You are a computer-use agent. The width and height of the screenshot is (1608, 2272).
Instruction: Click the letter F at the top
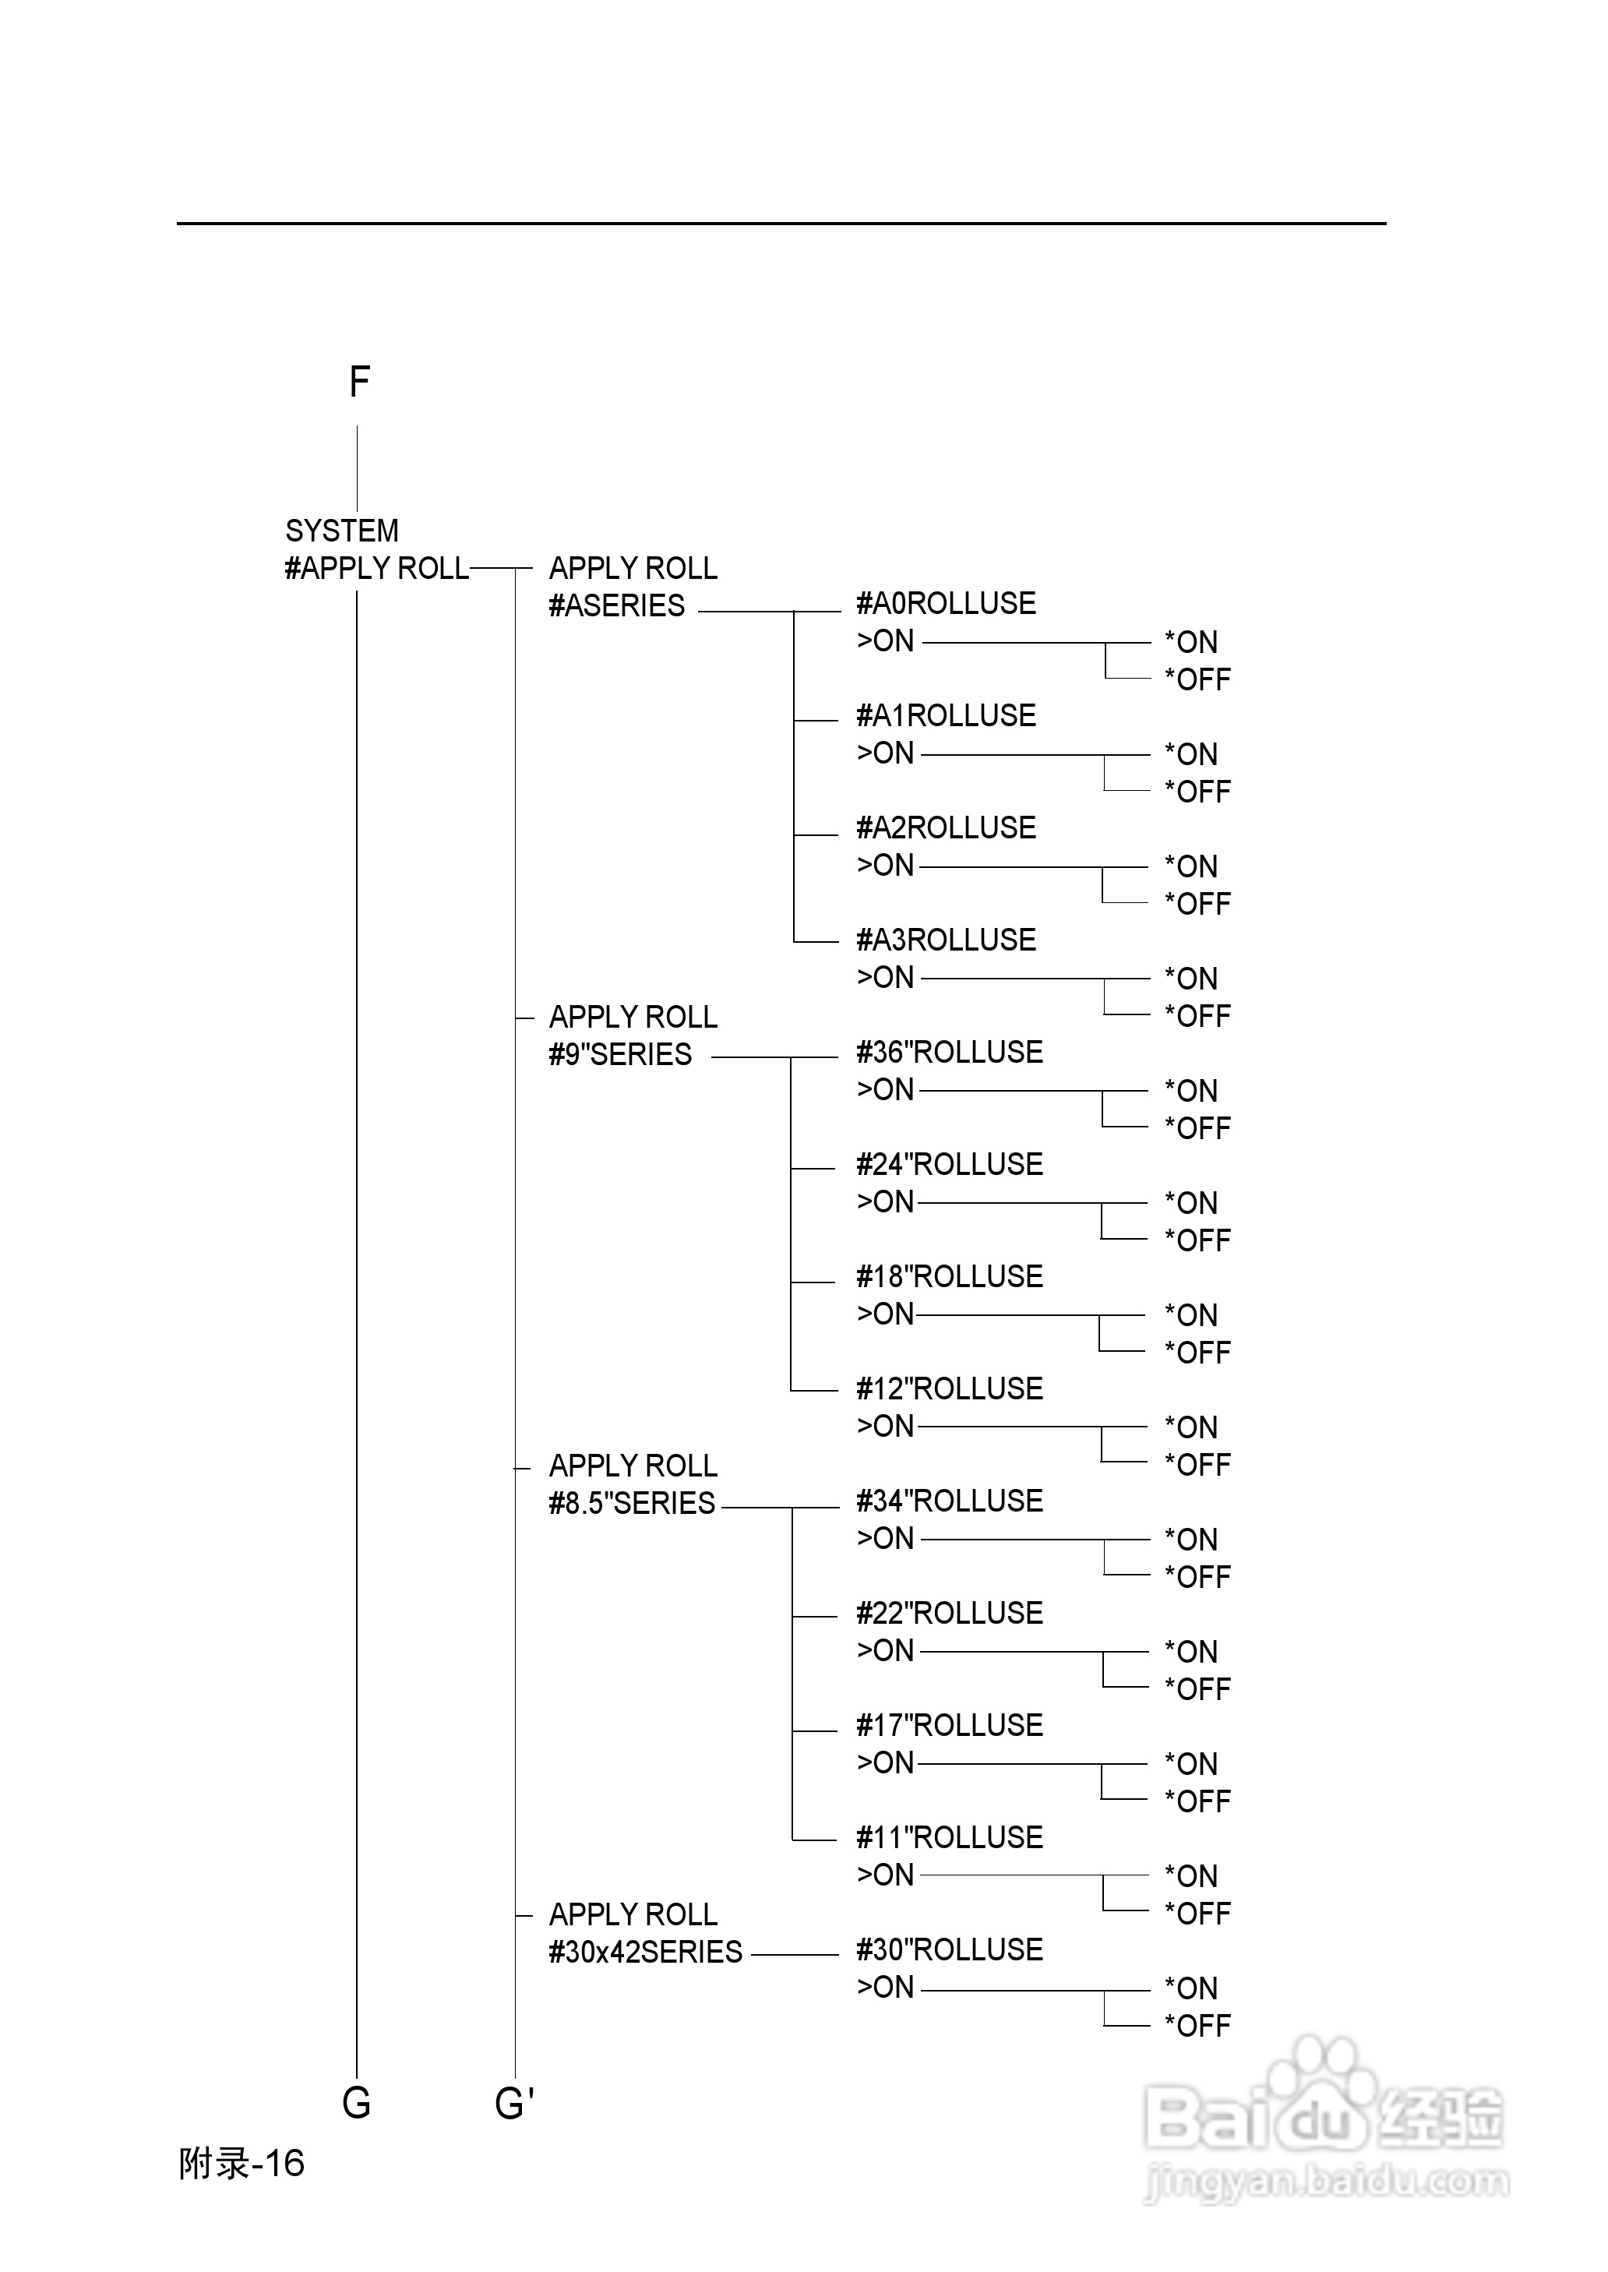point(359,382)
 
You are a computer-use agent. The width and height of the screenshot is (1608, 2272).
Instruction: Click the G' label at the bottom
point(515,2103)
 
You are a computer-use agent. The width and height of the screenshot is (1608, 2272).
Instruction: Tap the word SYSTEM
point(341,531)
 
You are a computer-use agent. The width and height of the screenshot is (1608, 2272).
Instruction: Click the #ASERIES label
point(617,606)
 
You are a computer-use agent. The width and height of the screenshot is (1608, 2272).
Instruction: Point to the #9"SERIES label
point(620,1054)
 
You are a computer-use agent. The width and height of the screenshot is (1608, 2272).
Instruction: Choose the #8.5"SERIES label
point(632,1503)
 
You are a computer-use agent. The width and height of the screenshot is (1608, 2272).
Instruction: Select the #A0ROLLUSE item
point(946,603)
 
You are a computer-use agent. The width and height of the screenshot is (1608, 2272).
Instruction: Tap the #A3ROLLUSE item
point(946,940)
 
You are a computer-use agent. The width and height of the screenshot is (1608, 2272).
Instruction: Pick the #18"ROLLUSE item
point(950,1276)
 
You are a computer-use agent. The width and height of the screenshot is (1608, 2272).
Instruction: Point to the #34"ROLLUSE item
point(950,1501)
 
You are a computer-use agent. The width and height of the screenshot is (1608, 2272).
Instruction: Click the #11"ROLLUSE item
point(950,1837)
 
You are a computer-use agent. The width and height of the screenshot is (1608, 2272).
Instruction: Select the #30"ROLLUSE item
point(950,1949)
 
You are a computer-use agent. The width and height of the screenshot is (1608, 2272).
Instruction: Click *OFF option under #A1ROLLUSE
point(1197,792)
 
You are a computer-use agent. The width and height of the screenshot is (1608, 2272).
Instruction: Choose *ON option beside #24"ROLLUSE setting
point(1191,1203)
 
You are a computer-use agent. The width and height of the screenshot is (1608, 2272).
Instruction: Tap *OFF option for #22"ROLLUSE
point(1197,1689)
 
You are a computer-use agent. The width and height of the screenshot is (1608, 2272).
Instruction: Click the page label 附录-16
point(242,2164)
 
